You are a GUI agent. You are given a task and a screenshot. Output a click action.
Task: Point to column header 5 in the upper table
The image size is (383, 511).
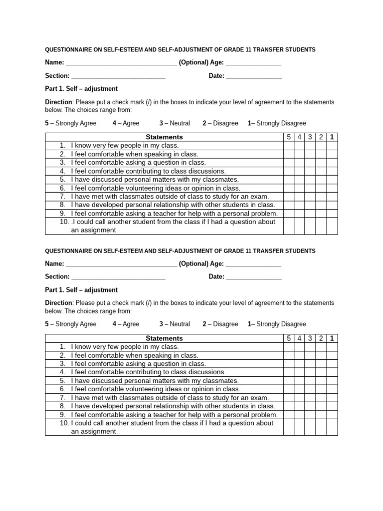289,137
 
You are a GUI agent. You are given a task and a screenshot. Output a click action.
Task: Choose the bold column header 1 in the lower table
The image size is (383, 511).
332,338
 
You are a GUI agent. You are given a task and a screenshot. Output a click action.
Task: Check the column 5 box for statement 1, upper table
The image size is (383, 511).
289,145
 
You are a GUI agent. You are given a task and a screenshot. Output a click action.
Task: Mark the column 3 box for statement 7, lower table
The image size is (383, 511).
310,398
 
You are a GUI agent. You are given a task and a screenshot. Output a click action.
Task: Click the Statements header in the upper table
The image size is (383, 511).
164,137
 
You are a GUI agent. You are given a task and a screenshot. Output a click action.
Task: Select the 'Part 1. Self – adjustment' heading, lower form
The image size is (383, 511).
81,290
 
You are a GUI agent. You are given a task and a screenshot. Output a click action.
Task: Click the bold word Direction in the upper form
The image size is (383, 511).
59,102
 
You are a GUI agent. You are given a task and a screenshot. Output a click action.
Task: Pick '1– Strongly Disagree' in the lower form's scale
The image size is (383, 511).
277,324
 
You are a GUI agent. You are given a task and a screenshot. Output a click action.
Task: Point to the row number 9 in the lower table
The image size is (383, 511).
62,415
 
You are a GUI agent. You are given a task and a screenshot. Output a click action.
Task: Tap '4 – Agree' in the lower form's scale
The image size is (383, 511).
126,324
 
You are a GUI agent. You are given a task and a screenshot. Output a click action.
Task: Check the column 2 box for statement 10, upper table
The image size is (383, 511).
321,226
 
